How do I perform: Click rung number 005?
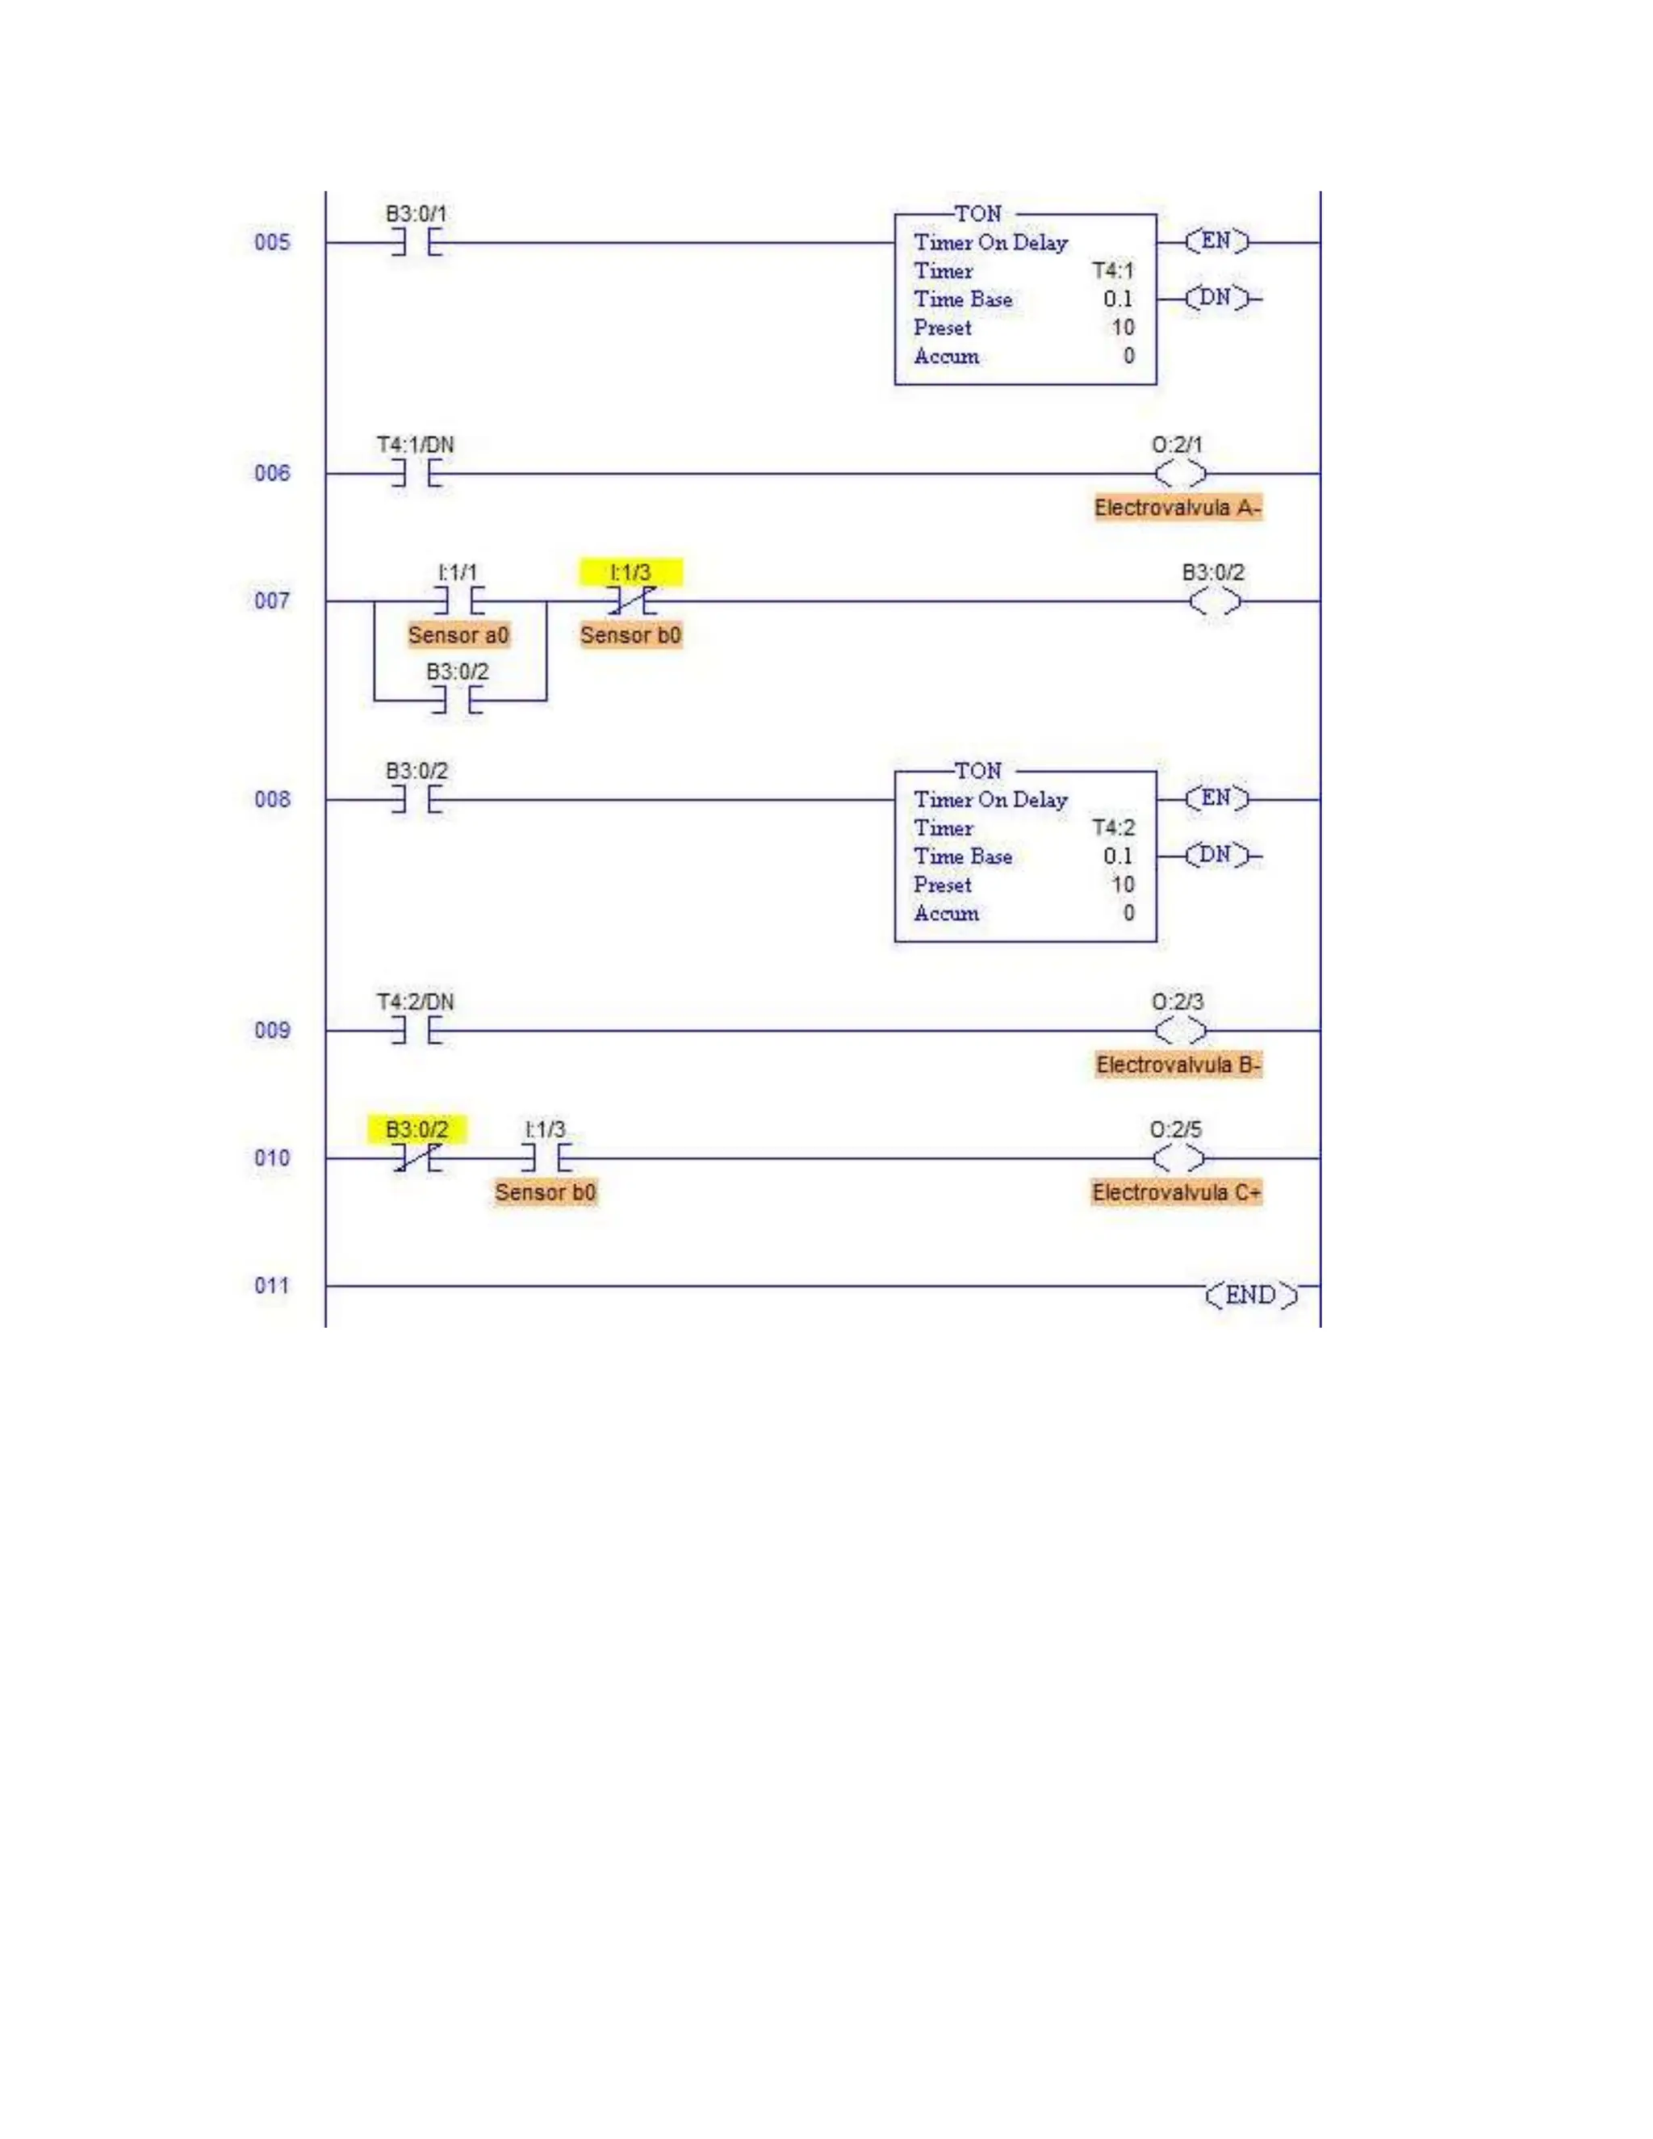[272, 242]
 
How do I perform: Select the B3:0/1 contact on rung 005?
[416, 242]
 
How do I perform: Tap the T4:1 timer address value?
[1113, 270]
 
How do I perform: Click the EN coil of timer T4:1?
[1216, 241]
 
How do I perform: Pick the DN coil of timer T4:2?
[1216, 855]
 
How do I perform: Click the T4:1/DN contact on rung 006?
[416, 474]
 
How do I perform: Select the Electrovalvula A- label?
[1177, 508]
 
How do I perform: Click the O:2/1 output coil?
[1179, 474]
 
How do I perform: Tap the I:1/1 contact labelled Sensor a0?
[458, 601]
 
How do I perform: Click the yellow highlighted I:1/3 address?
[630, 573]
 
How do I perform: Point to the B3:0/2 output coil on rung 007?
[1214, 601]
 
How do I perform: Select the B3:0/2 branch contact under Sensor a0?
[458, 701]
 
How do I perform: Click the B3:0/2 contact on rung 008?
[416, 799]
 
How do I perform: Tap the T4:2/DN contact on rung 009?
[416, 1030]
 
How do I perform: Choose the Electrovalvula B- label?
[1178, 1065]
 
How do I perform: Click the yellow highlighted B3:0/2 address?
[417, 1129]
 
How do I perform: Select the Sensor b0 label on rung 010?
[546, 1192]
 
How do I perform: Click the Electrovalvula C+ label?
[1176, 1192]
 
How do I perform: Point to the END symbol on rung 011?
[1250, 1295]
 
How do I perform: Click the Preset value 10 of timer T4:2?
[1122, 885]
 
